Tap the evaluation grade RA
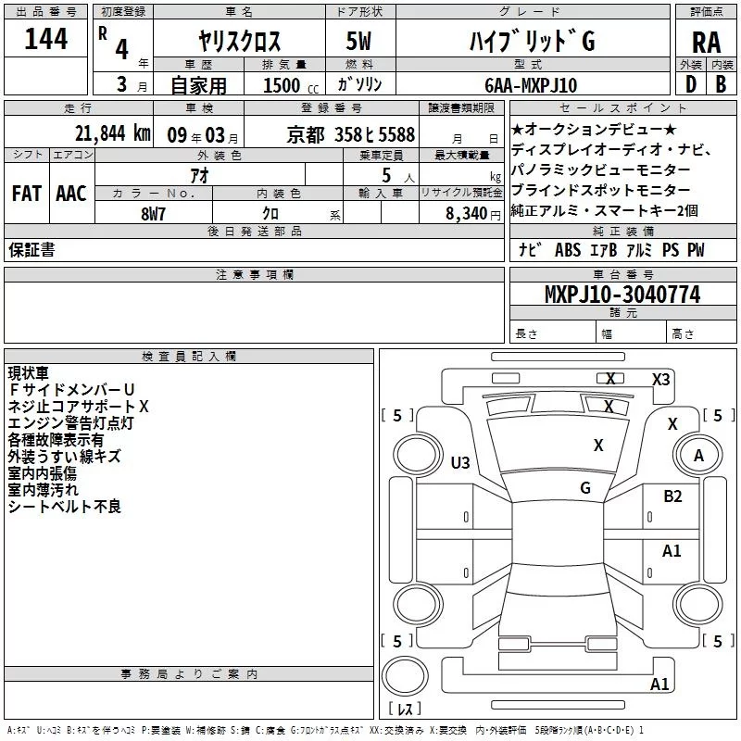tap(705, 41)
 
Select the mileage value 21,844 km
tap(111, 132)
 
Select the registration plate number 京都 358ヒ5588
tap(351, 133)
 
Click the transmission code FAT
tap(26, 194)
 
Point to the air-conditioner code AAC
tap(71, 194)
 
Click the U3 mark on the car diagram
tap(460, 462)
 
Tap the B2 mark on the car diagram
tap(672, 496)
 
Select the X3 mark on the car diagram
tap(660, 379)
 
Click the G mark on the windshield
tap(585, 487)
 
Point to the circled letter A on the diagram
tap(699, 455)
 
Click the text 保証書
tap(31, 250)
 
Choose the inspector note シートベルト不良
tap(65, 507)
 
